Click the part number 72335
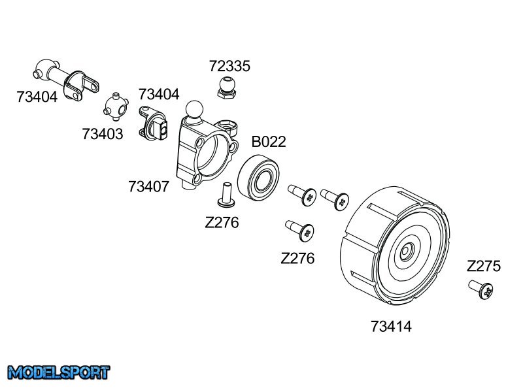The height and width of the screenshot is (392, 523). pyautogui.click(x=229, y=66)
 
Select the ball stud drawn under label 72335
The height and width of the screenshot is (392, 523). pyautogui.click(x=226, y=87)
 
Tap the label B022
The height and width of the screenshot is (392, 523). pyautogui.click(x=269, y=142)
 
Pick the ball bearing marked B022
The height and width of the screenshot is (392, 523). pyautogui.click(x=260, y=175)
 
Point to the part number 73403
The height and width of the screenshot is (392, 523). pyautogui.click(x=103, y=133)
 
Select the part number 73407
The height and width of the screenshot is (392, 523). pyautogui.click(x=149, y=186)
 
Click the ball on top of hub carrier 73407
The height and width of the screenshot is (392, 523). pyautogui.click(x=194, y=107)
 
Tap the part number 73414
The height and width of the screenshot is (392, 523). pyautogui.click(x=391, y=325)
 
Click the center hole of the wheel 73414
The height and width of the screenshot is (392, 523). pyautogui.click(x=406, y=250)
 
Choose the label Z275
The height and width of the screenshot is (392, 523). pyautogui.click(x=484, y=266)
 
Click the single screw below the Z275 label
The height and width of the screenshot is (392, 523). pyautogui.click(x=481, y=289)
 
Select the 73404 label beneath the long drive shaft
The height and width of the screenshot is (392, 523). pyautogui.click(x=37, y=97)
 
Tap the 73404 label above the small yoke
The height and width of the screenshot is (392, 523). pyautogui.click(x=159, y=94)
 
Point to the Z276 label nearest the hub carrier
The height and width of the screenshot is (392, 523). pyautogui.click(x=222, y=222)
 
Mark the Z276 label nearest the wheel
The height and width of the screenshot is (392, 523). pyautogui.click(x=297, y=258)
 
